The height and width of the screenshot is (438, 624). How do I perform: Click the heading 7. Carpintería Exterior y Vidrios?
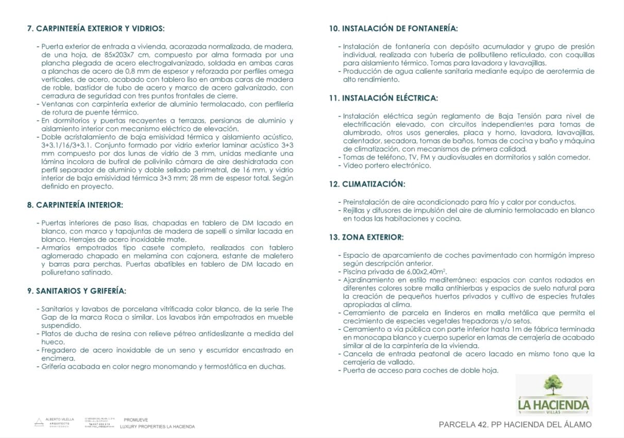[x=96, y=28]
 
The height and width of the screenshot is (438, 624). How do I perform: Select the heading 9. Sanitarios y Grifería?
[x=77, y=291]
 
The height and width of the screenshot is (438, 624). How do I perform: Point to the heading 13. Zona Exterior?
[x=366, y=237]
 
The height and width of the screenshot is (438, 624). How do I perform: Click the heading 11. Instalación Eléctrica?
[x=383, y=97]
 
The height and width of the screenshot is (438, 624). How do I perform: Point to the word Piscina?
[x=356, y=272]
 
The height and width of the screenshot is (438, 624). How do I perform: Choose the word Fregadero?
[x=61, y=350]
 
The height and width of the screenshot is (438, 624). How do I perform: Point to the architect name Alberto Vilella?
[x=60, y=419]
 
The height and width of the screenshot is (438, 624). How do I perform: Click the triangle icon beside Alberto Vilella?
[x=39, y=422]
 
